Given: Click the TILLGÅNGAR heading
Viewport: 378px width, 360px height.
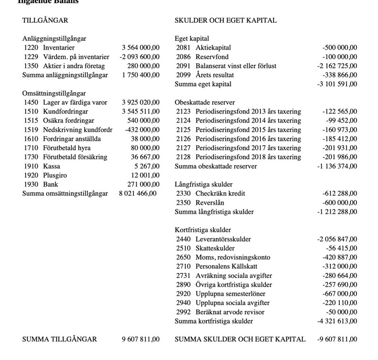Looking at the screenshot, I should click(x=45, y=20).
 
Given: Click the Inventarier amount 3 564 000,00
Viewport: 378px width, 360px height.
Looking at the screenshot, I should click(x=140, y=48).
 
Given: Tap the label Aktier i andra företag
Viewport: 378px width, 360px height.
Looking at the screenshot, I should click(x=74, y=66).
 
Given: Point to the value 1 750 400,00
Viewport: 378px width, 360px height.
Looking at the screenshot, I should click(x=140, y=75).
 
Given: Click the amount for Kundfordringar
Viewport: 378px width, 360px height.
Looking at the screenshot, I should click(x=140, y=112).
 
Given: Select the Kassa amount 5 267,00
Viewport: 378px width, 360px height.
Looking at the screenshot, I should click(x=147, y=166).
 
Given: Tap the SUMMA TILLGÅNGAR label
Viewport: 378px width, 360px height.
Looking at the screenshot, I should click(x=60, y=339).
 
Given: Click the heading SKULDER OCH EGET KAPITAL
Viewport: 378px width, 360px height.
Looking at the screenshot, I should click(x=225, y=20).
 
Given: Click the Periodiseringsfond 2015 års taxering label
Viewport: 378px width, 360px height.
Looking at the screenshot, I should click(x=248, y=130).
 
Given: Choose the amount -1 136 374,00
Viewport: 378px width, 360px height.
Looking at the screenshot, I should click(x=337, y=166).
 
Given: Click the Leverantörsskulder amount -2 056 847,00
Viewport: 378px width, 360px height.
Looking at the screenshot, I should click(x=337, y=239).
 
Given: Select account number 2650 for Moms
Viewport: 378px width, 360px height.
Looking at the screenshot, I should click(x=183, y=257).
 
